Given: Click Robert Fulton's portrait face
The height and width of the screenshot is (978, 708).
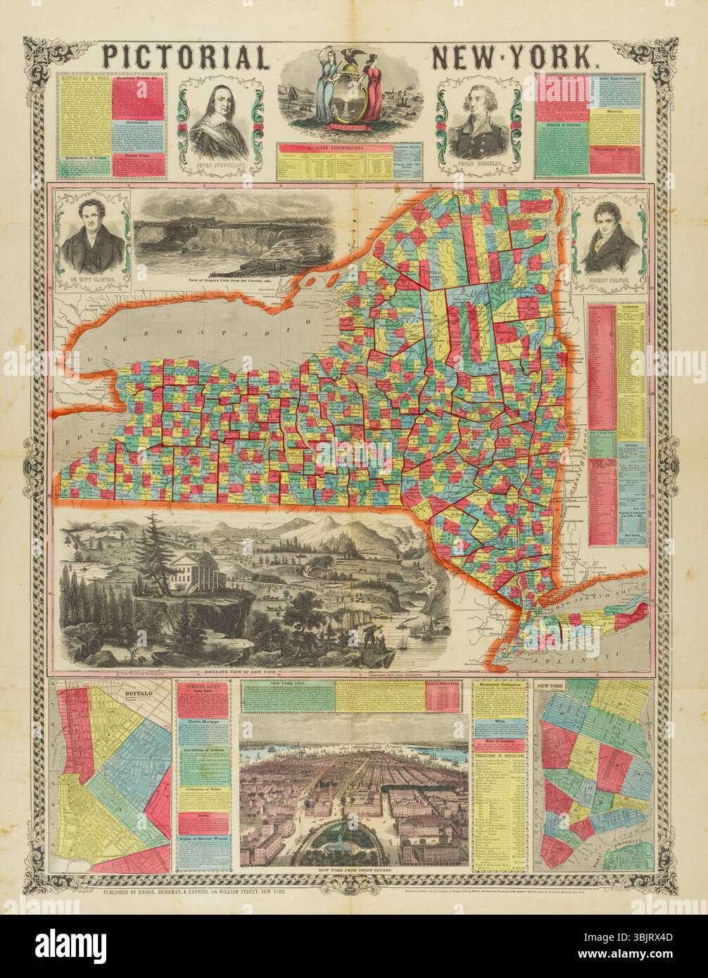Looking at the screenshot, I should tap(608, 223).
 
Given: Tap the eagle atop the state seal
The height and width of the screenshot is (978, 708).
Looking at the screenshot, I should tap(350, 59).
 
